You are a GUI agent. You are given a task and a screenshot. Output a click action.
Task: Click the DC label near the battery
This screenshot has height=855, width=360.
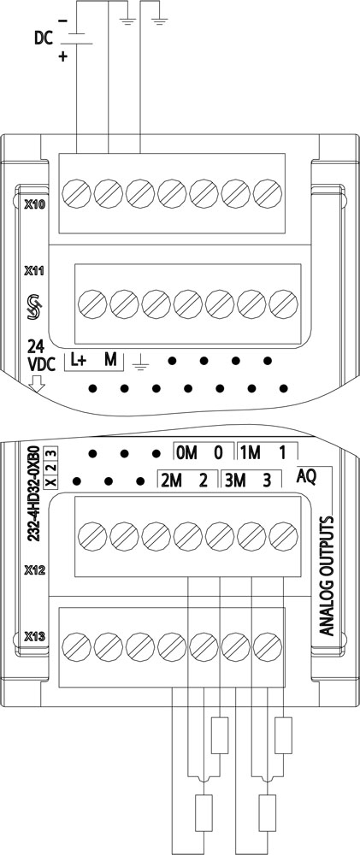tap(44, 38)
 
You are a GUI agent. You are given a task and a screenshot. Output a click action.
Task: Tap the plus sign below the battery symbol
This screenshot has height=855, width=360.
tap(62, 56)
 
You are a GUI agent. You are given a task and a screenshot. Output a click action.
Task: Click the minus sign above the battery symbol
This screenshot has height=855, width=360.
tap(62, 21)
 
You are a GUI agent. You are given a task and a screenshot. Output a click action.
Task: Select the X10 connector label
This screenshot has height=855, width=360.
tap(35, 205)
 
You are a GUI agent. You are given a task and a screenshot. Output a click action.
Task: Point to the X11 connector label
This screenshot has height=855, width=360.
tap(34, 270)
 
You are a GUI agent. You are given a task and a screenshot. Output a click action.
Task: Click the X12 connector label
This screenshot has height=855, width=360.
tap(34, 570)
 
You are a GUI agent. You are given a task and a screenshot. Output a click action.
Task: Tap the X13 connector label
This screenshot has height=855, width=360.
tap(34, 636)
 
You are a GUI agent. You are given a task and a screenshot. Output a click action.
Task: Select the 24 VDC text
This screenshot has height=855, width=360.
tap(41, 357)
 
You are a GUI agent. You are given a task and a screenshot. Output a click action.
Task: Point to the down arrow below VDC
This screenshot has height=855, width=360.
tap(37, 385)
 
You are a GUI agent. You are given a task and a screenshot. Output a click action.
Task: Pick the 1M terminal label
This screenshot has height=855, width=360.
tap(251, 452)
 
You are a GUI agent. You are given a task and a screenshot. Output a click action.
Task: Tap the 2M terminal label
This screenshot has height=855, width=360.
tap(169, 481)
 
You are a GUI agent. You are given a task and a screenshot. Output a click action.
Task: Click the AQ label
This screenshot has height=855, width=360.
tap(307, 476)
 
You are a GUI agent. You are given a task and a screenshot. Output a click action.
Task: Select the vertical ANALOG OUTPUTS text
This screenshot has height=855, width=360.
tap(326, 575)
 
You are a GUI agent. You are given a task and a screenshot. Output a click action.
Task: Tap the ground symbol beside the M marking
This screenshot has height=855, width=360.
tap(141, 361)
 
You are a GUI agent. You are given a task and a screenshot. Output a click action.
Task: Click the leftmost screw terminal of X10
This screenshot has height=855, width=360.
tap(76, 193)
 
